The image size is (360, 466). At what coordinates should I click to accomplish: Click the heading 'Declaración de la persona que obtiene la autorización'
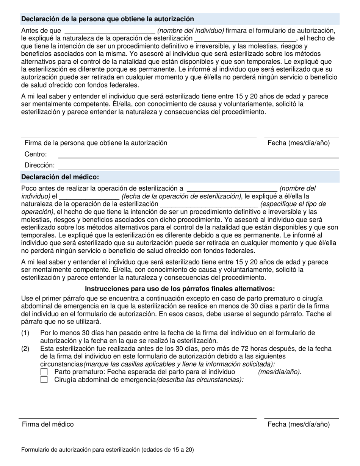108,19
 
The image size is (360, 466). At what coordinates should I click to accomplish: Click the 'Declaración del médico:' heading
60,177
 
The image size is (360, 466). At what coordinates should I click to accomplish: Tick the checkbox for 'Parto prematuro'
44,372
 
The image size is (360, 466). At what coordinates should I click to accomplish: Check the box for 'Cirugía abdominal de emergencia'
44,380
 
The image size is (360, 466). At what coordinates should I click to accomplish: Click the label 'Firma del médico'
48,424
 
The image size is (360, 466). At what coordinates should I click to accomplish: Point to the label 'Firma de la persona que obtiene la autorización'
96,143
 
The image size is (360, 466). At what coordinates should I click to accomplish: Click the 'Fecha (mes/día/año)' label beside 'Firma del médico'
299,424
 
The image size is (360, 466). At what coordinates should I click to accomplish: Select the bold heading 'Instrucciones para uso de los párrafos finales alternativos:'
180,289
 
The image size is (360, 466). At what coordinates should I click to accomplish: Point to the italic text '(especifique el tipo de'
293,204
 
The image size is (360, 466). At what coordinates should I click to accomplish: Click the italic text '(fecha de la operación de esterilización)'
182,196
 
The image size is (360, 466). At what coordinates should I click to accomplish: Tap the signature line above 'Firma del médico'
138,418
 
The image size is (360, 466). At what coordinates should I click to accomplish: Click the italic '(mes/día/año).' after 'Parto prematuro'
280,372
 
